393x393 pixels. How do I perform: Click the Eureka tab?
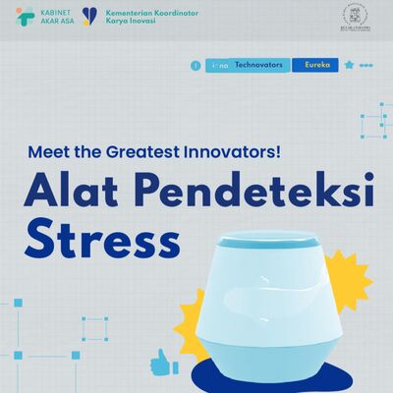(x=314, y=65)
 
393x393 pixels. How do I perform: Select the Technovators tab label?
(x=258, y=65)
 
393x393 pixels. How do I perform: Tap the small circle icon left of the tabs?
(x=196, y=65)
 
